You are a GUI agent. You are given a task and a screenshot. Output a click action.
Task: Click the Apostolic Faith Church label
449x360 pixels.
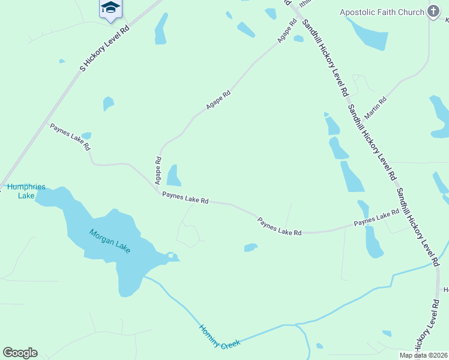coord(382,11)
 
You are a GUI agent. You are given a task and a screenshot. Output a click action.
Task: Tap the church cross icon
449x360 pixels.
coord(433,11)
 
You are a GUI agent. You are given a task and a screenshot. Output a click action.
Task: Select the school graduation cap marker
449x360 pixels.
coord(110,8)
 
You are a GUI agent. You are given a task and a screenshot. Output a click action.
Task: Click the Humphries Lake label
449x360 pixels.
coord(26,191)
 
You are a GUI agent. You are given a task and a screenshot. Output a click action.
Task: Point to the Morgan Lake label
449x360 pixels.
coord(110,241)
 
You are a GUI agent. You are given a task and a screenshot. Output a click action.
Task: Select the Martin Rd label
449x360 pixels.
coord(375,106)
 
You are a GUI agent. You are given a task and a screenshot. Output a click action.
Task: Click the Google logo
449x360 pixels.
coord(20,353)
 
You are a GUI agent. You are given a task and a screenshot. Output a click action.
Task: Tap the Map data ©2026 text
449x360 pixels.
coord(423,355)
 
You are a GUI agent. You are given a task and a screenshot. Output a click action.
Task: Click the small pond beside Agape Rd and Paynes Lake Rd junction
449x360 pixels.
coord(173,176)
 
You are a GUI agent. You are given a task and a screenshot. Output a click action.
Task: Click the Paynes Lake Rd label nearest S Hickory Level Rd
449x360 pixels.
coord(70,137)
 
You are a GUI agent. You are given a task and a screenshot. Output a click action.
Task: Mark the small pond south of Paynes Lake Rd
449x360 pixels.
coord(250,247)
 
